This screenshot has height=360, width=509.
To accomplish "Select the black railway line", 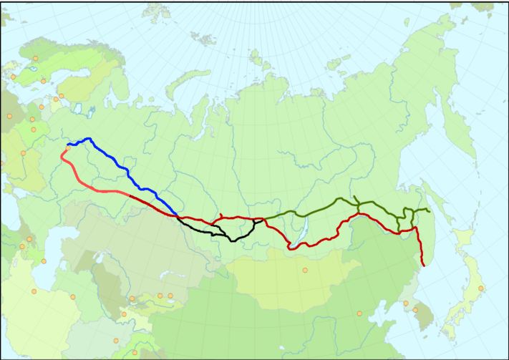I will pyautogui.click(x=215, y=232).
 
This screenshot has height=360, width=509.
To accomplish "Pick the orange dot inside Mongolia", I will pyautogui.click(x=305, y=270).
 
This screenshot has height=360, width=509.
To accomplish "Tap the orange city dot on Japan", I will pyautogui.click(x=480, y=288).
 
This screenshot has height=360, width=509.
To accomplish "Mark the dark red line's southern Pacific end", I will pyautogui.click(x=422, y=266).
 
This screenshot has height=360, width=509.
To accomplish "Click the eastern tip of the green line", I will pyautogui.click(x=428, y=211).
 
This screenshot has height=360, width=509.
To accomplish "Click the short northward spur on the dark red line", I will pyautogui.click(x=223, y=215).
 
